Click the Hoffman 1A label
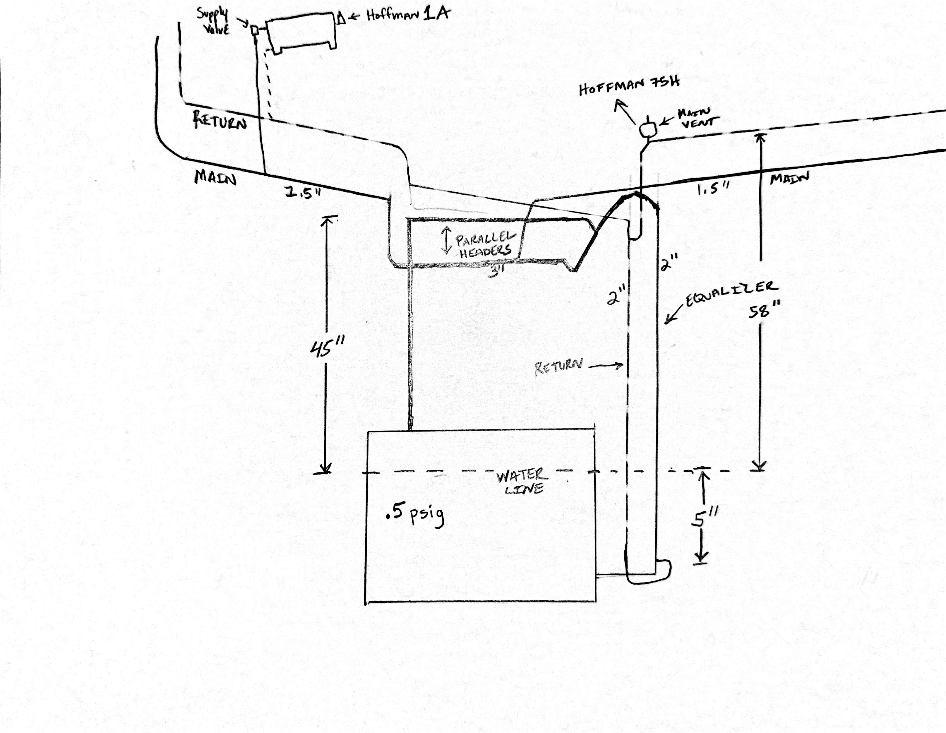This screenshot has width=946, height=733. pyautogui.click(x=408, y=15)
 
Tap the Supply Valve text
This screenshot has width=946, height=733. pyautogui.click(x=213, y=21)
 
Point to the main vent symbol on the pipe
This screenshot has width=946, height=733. pyautogui.click(x=648, y=129)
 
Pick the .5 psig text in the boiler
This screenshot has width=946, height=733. pyautogui.click(x=415, y=516)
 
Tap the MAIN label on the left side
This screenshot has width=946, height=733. pyautogui.click(x=215, y=177)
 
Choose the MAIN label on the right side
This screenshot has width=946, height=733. pyautogui.click(x=789, y=178)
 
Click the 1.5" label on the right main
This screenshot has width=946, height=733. pyautogui.click(x=713, y=188)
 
